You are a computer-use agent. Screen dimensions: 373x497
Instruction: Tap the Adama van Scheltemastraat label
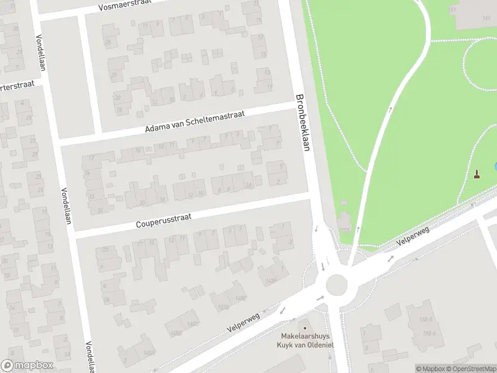[x=195, y=122]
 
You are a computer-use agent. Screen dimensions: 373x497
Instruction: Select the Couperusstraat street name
[x=165, y=221]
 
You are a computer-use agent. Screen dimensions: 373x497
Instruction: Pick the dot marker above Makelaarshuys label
[x=304, y=327]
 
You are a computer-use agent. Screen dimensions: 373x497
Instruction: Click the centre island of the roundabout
[x=336, y=285]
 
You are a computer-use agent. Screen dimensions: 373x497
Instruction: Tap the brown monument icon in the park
[x=477, y=174]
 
